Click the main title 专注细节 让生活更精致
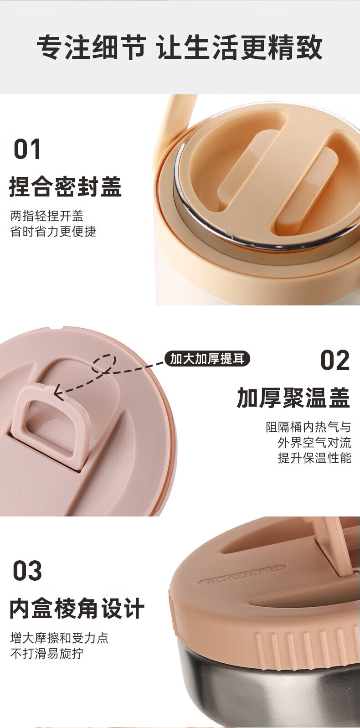[x=180, y=47]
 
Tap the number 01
[x=27, y=149]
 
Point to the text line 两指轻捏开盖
[x=47, y=216]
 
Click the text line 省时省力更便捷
[x=53, y=231]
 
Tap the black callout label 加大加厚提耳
[x=207, y=359]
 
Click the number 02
[x=335, y=361]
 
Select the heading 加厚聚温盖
[x=293, y=398]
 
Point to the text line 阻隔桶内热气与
[x=309, y=427]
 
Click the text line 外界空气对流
[x=314, y=442]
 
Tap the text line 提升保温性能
[x=314, y=458]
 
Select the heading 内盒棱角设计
[x=77, y=608]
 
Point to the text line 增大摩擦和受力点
[x=59, y=638]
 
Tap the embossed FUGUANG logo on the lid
[x=242, y=574]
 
